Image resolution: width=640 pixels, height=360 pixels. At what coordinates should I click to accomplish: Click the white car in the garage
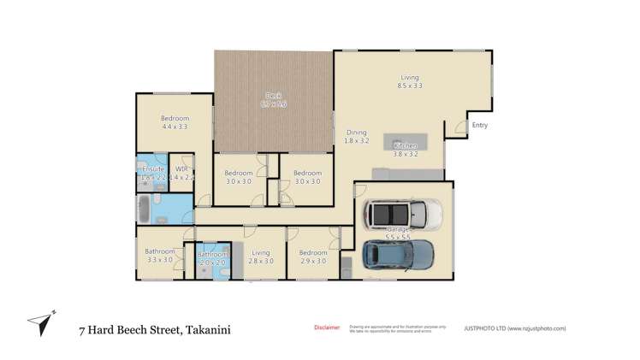401,213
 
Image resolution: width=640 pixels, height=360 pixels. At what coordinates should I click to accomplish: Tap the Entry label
479,126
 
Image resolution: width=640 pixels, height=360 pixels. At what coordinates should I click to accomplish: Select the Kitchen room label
405,150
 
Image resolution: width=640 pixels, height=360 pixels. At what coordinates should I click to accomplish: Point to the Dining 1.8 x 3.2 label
356,136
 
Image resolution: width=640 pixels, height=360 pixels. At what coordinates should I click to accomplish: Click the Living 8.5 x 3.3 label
410,81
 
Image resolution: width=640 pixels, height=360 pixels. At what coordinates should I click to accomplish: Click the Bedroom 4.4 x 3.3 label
175,122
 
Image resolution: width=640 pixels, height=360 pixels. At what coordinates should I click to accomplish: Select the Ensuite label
153,173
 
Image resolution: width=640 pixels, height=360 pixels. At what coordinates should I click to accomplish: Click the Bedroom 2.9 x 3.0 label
312,256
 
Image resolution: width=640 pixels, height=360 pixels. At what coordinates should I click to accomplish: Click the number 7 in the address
82,328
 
